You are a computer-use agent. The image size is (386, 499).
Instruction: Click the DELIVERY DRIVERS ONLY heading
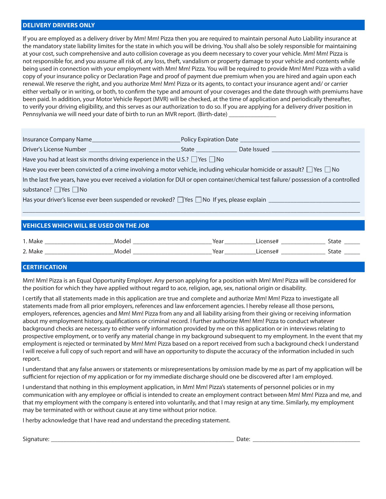(x=59, y=25)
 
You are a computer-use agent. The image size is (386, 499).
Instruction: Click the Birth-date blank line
(x=252, y=114)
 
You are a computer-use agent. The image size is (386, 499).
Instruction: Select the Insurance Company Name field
(x=136, y=140)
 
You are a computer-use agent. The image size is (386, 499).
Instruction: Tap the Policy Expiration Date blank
(x=300, y=140)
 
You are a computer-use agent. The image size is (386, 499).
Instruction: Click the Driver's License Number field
(x=134, y=149)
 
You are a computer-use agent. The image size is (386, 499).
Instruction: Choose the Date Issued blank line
(x=316, y=149)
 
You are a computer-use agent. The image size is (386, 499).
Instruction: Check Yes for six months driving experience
(x=194, y=160)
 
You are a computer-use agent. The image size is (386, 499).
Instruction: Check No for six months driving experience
(x=212, y=160)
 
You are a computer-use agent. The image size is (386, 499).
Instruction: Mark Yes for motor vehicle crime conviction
(x=310, y=170)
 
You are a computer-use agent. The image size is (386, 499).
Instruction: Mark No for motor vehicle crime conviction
(x=328, y=170)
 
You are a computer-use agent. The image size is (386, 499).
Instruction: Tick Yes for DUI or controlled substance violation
(x=57, y=190)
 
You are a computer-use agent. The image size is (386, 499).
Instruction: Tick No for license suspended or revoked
(x=198, y=200)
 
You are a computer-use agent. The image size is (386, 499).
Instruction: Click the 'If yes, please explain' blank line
(x=314, y=200)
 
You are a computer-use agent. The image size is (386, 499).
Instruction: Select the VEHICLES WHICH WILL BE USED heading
(x=86, y=226)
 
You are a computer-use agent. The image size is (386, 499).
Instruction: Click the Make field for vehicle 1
(x=79, y=241)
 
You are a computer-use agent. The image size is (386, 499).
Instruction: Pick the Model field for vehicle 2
(x=172, y=252)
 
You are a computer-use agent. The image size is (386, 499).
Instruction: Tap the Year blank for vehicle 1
(x=240, y=241)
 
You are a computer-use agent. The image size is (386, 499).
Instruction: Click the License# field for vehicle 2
(x=303, y=252)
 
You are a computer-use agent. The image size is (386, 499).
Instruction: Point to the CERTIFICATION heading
(x=45, y=267)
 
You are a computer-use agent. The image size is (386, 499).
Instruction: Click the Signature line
(x=142, y=439)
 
